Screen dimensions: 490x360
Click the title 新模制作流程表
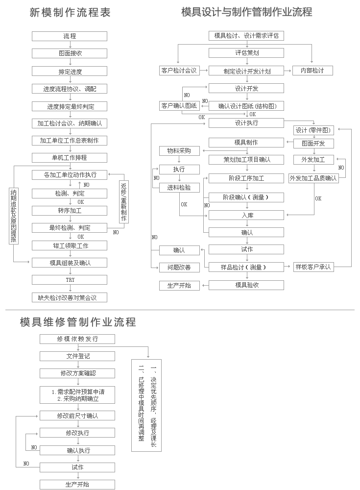click(x=70, y=13)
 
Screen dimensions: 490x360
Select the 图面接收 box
click(x=70, y=53)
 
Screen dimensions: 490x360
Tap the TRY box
click(x=70, y=280)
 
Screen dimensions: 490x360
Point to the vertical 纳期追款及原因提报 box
click(x=14, y=216)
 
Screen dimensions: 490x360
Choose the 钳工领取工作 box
click(x=70, y=245)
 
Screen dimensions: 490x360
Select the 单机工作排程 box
click(x=70, y=158)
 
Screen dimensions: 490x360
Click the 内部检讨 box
click(x=312, y=71)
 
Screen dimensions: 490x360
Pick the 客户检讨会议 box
click(x=179, y=71)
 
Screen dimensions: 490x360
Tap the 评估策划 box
click(x=246, y=53)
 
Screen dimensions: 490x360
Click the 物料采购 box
click(x=179, y=151)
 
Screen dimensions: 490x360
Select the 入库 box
click(x=246, y=215)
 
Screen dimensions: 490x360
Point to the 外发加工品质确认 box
click(x=313, y=178)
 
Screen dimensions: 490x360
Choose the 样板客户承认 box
click(x=313, y=267)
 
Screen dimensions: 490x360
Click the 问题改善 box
click(x=179, y=268)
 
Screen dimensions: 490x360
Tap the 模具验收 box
click(x=246, y=285)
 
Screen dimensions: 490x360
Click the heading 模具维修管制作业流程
click(x=77, y=322)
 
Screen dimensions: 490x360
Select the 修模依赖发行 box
click(x=77, y=339)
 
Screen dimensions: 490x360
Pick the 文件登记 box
click(x=77, y=356)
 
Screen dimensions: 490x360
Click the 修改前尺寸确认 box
click(x=77, y=416)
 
